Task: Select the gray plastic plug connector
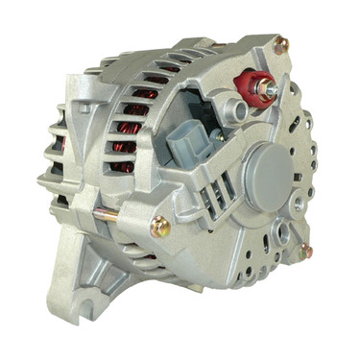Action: [x=188, y=147]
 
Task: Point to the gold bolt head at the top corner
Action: [x=281, y=44]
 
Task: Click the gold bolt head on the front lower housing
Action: [x=159, y=228]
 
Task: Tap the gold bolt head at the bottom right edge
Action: [x=305, y=251]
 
